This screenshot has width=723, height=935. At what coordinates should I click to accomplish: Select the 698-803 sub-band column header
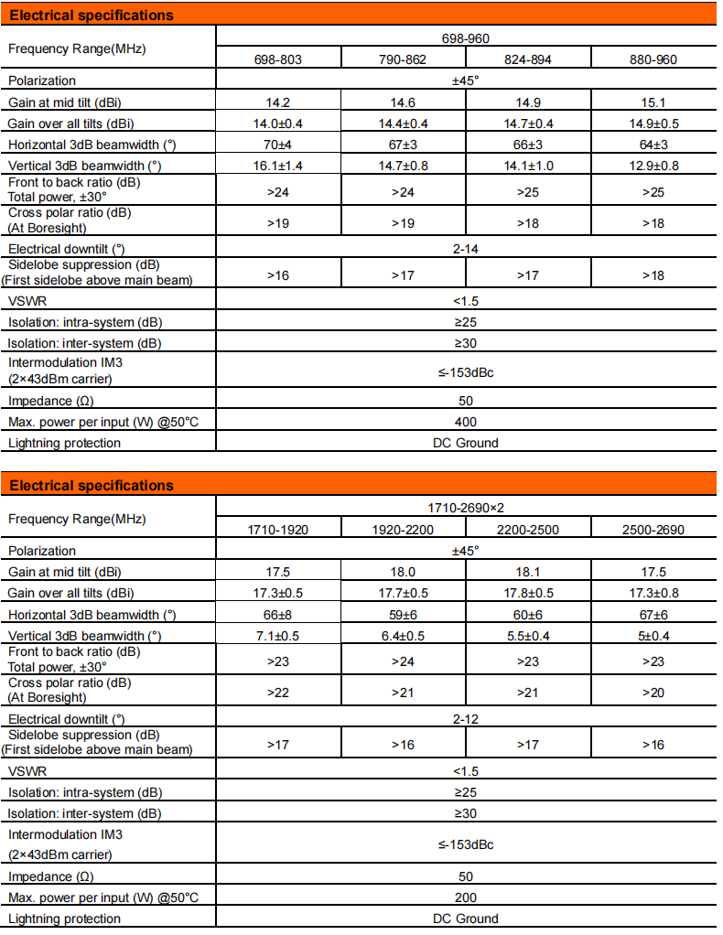(277, 60)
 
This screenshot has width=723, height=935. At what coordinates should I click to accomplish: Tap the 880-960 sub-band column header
(653, 60)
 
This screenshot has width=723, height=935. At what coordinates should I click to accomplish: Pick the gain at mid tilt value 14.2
(277, 102)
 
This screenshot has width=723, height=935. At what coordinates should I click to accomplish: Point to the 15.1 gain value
(653, 102)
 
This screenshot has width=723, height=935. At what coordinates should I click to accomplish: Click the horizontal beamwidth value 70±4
(277, 145)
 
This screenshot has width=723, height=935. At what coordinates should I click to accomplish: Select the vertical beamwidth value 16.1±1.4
(277, 166)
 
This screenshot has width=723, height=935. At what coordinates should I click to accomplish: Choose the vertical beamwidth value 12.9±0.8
(653, 166)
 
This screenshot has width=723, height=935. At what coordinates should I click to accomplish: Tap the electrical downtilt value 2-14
(466, 248)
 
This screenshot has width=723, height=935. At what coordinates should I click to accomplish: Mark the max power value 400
(466, 422)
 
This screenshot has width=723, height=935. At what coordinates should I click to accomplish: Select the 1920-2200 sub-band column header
(403, 530)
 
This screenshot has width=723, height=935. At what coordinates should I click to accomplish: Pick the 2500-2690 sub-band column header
(653, 530)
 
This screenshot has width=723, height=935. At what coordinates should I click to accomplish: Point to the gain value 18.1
(528, 572)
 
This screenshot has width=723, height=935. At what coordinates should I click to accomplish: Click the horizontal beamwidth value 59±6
(403, 614)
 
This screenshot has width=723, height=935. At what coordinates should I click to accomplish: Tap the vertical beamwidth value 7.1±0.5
(277, 635)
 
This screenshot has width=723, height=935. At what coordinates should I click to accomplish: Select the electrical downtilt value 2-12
(466, 718)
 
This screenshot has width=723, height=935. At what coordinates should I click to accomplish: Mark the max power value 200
(466, 897)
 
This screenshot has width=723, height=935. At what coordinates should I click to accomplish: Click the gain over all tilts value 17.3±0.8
(653, 593)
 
